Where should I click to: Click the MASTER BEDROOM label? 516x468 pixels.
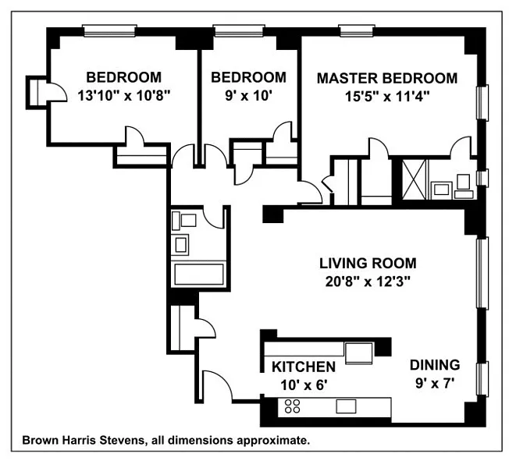[x=386, y=78]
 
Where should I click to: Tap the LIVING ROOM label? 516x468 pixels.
[x=367, y=263]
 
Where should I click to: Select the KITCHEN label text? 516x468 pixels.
[x=304, y=367]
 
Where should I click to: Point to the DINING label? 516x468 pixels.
[x=435, y=364]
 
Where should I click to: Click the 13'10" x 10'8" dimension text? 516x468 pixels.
[x=123, y=96]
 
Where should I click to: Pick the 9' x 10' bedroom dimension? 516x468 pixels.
[x=248, y=96]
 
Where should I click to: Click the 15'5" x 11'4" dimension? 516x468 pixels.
[x=386, y=96]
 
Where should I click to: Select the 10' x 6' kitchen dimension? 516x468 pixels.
[x=304, y=384]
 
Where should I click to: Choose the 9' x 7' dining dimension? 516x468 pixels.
[x=434, y=383]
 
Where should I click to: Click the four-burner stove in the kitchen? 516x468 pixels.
[x=294, y=406]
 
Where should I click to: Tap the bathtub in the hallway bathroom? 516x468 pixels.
[x=198, y=275]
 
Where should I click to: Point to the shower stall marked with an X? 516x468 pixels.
[x=413, y=179]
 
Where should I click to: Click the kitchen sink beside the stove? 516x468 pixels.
[x=346, y=406]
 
